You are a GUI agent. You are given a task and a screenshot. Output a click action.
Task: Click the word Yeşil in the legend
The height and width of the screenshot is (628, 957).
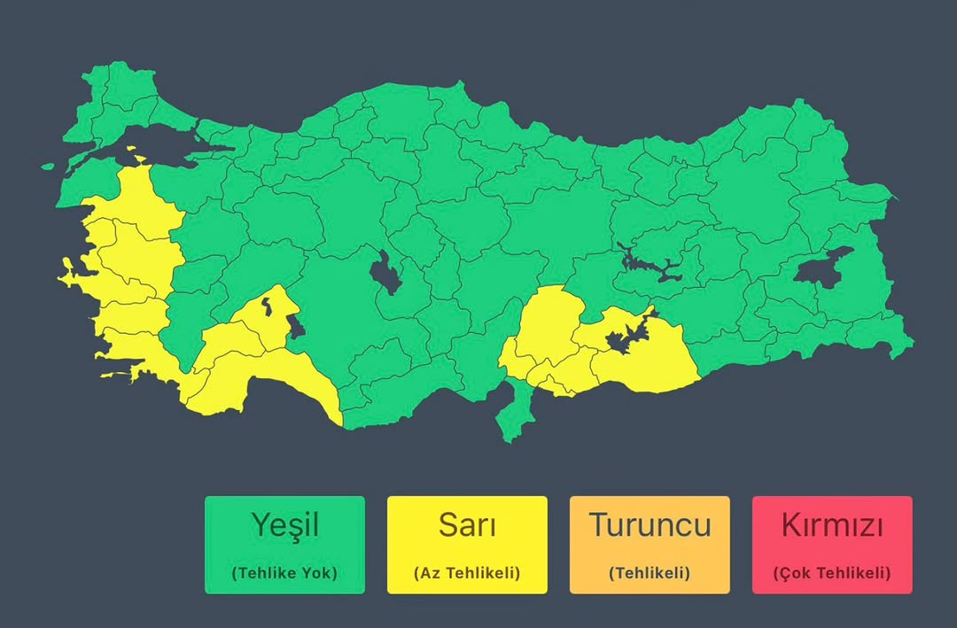point(284,525)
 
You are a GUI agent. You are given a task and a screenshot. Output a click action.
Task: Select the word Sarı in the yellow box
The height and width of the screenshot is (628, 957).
point(467,525)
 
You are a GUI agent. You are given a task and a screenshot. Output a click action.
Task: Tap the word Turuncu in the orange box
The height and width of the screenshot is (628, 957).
point(650,525)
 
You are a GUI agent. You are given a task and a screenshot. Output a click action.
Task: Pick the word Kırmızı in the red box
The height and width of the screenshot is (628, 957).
point(832,525)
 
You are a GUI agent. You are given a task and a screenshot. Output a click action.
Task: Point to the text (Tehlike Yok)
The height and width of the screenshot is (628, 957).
point(284,573)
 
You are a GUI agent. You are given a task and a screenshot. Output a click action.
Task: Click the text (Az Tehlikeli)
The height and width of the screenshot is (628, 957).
point(467,573)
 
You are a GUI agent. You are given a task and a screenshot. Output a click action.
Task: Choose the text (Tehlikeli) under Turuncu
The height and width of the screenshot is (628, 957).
point(650,573)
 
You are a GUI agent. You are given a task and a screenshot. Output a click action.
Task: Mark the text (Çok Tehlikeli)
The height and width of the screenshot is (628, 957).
point(832,573)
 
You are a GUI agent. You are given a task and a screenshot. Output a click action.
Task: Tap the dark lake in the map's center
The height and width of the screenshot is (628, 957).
point(387,273)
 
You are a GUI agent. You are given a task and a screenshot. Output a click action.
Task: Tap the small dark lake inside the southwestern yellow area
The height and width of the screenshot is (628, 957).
point(266,308)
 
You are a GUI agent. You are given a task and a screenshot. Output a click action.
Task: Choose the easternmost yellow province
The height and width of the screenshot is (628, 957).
point(656,363)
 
